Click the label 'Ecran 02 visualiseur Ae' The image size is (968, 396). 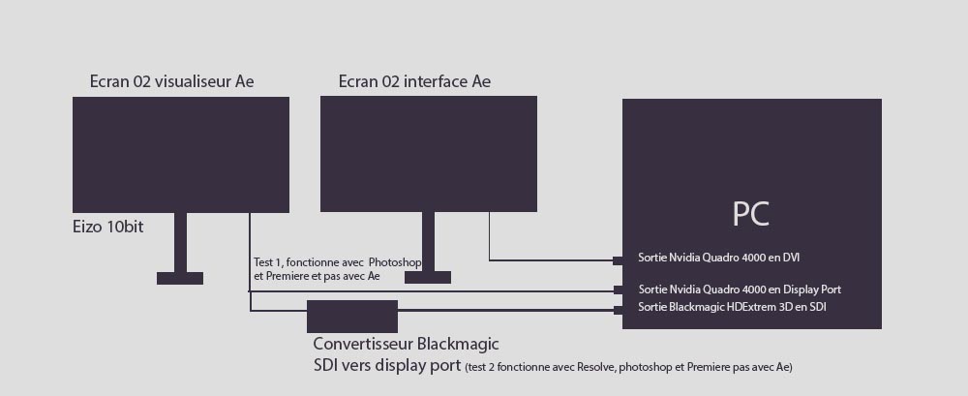click(x=171, y=81)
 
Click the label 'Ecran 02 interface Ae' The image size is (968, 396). click(x=414, y=81)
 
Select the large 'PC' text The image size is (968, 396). click(x=750, y=213)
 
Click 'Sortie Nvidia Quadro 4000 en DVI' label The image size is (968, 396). click(x=718, y=258)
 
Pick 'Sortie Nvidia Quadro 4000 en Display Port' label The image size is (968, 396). click(x=740, y=289)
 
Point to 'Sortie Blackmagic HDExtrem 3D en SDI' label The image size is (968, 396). click(x=733, y=307)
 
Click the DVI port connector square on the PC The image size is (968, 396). click(x=618, y=259)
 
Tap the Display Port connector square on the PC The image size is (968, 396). click(x=618, y=289)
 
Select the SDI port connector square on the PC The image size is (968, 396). click(x=618, y=310)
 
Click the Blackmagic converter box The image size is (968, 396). click(x=352, y=317)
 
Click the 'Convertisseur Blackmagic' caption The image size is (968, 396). click(x=406, y=344)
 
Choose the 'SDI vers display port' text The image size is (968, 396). click(x=386, y=366)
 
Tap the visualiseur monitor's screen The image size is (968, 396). click(x=181, y=154)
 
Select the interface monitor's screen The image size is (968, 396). click(x=429, y=153)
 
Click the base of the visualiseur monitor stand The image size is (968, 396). click(x=180, y=278)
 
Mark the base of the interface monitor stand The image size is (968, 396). click(x=428, y=278)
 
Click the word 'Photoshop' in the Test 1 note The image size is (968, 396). click(x=399, y=262)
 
